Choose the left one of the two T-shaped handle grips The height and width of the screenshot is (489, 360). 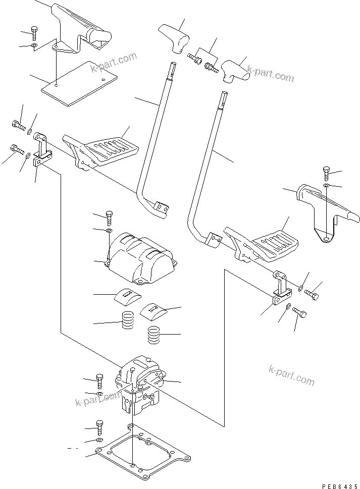173,37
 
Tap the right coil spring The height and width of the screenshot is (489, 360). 153,335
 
